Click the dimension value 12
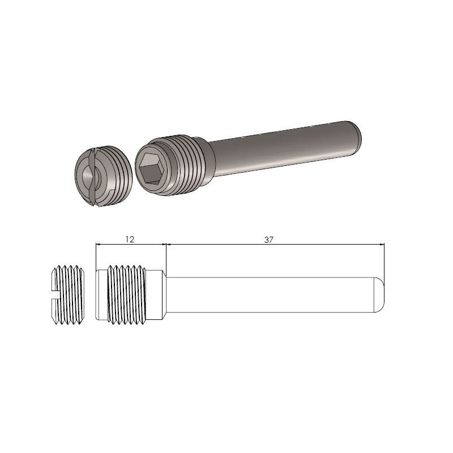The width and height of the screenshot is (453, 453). pyautogui.click(x=129, y=240)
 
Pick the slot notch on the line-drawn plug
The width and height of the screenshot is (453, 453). pyautogui.click(x=52, y=294)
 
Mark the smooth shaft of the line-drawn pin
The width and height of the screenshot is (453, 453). pyautogui.click(x=272, y=294)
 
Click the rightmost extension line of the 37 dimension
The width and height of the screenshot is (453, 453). pyautogui.click(x=384, y=260)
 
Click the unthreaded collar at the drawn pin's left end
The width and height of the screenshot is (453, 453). pyautogui.click(x=101, y=294)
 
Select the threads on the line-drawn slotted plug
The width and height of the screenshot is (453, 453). pyautogui.click(x=71, y=294)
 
